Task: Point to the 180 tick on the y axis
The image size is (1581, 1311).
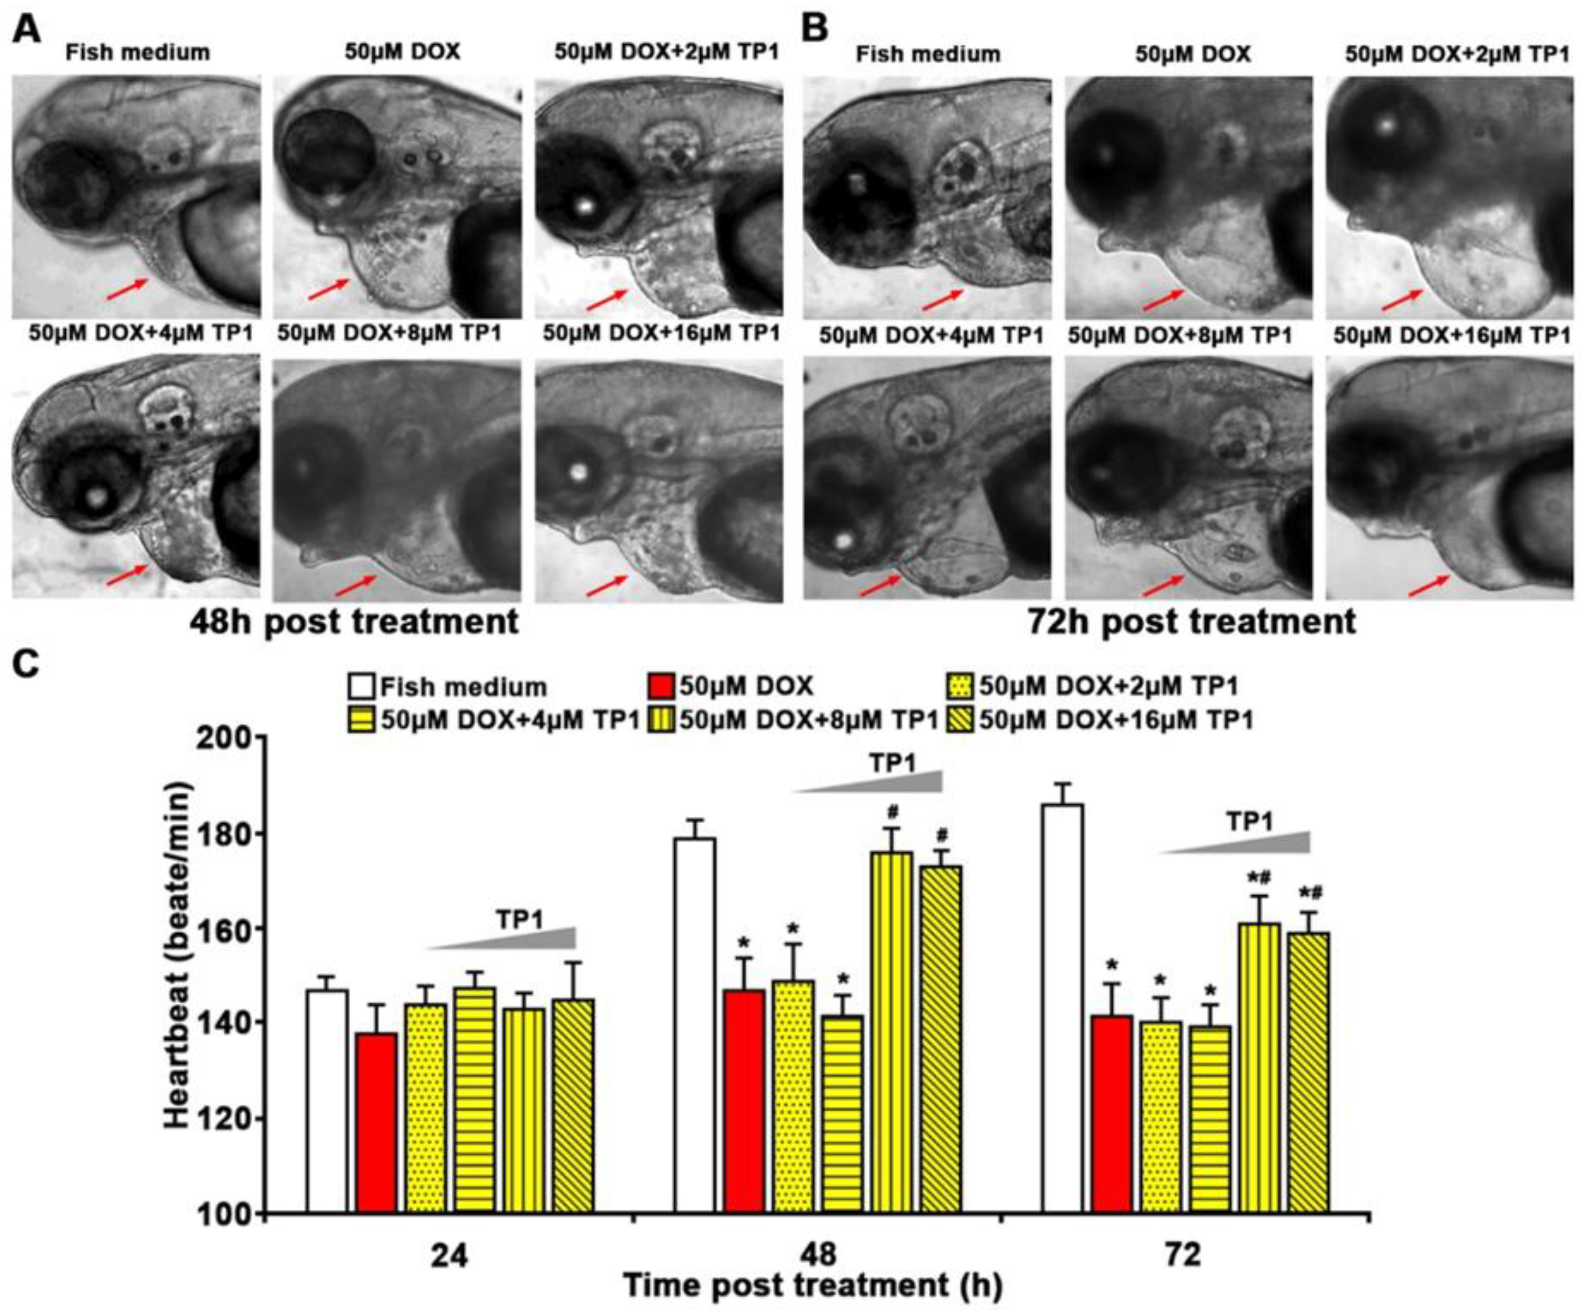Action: pos(261,834)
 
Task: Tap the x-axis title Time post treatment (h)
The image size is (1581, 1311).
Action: pos(813,1285)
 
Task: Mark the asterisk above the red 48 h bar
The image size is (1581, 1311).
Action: pos(744,942)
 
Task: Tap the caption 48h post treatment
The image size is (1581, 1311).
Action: pos(354,622)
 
